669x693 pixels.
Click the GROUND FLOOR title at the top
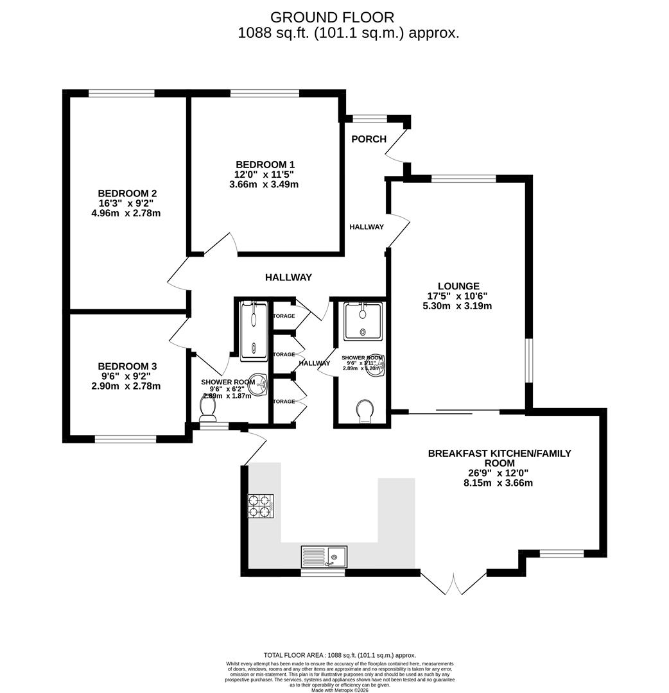coord(332,17)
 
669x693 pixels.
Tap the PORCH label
coord(369,139)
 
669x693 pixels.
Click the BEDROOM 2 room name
coord(127,193)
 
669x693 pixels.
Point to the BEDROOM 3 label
coord(127,366)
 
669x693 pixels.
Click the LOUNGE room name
coord(458,286)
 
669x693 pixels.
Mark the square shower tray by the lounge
coord(363,321)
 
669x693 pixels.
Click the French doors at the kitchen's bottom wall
coord(453,583)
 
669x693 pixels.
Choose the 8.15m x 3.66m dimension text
coord(499,483)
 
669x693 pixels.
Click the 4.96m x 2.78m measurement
coord(127,213)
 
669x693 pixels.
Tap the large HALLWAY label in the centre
coord(288,277)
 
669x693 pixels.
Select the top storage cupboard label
coord(283,316)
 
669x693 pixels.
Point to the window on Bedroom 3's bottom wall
coord(126,440)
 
